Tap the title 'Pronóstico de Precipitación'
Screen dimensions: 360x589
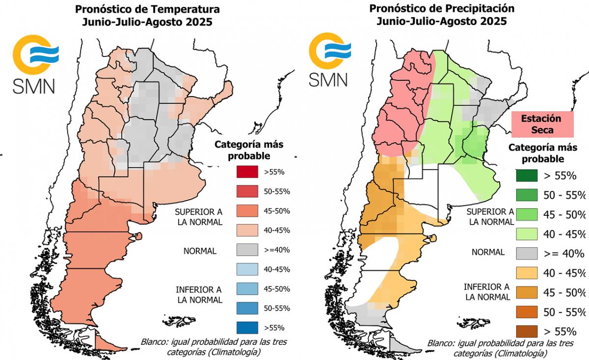pyautogui.click(x=442, y=8)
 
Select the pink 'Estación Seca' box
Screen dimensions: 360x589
pyautogui.click(x=543, y=124)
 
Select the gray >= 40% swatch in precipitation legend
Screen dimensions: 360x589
pyautogui.click(x=527, y=254)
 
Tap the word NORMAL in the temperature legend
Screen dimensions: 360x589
pyautogui.click(x=200, y=251)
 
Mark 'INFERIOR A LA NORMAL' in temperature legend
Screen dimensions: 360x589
pyautogui.click(x=199, y=294)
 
